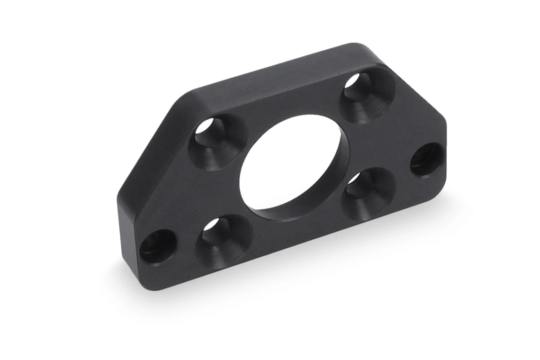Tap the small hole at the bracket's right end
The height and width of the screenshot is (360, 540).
[x=427, y=159]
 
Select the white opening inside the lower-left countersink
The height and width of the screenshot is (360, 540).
[x=212, y=225]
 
